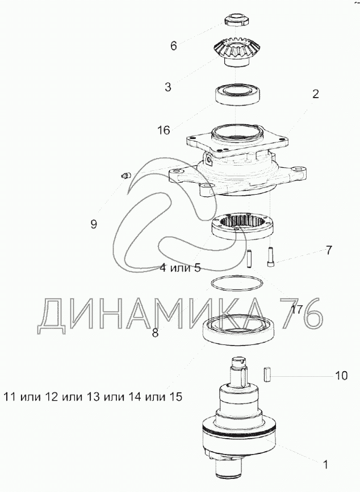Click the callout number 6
(x=174, y=46)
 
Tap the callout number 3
(x=168, y=87)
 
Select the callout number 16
(x=164, y=130)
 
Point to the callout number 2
(x=316, y=94)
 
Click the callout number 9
(x=94, y=224)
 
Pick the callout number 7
(x=329, y=250)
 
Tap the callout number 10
(x=341, y=376)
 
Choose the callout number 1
(x=325, y=464)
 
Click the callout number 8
(x=155, y=333)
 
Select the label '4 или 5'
(x=180, y=268)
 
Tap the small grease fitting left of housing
(x=126, y=176)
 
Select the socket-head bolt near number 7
(x=270, y=257)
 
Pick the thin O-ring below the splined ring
(x=237, y=283)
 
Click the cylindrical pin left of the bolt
(x=249, y=258)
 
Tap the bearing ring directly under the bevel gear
(x=237, y=94)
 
